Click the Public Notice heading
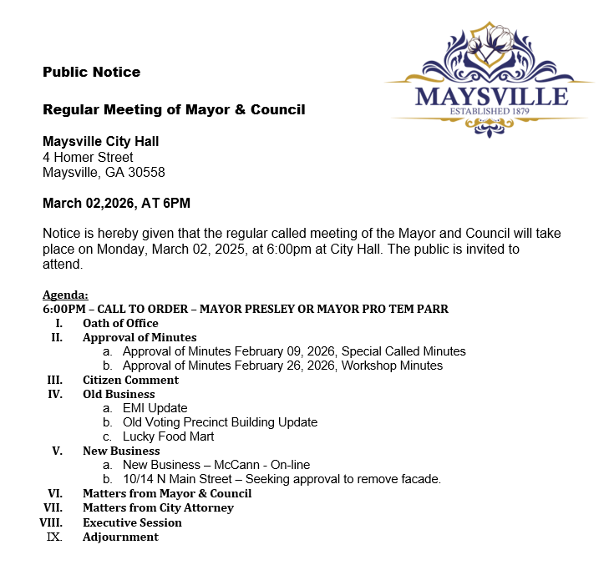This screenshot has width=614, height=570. click(91, 72)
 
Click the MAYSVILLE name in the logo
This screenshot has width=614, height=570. click(491, 96)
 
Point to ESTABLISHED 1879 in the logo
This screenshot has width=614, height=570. click(491, 112)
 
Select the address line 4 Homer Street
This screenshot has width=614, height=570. click(88, 157)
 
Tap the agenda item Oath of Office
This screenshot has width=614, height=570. click(120, 323)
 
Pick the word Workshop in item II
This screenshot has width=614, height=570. click(368, 366)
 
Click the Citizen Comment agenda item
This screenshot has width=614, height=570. click(130, 380)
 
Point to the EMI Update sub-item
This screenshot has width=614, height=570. click(155, 408)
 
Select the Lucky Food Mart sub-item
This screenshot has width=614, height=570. click(168, 436)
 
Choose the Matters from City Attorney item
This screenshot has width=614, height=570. click(158, 507)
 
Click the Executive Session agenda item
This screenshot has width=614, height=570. click(132, 522)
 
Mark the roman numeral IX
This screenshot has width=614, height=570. click(54, 537)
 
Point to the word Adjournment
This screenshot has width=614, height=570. click(120, 537)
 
